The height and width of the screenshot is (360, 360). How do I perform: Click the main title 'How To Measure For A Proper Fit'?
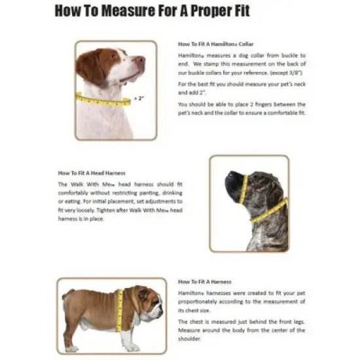pyautogui.click(x=152, y=11)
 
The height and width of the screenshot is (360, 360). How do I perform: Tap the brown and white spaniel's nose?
pyautogui.click(x=141, y=61)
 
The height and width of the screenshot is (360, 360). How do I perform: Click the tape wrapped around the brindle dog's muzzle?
pyautogui.click(x=243, y=187)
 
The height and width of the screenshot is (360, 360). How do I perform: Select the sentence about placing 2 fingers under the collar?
pyautogui.click(x=242, y=109)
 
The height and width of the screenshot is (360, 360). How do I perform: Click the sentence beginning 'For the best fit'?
pyautogui.click(x=242, y=88)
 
